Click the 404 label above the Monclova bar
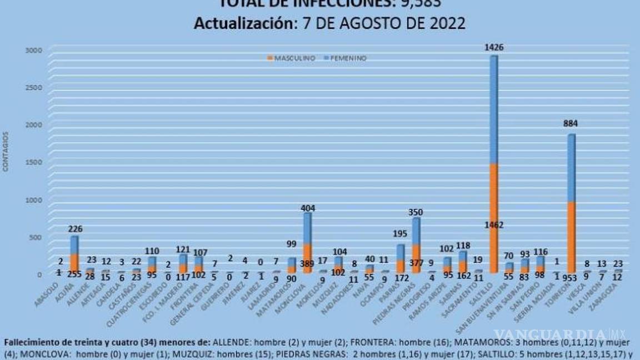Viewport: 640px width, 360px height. click(307, 208)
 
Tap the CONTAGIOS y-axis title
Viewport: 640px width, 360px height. click(6, 151)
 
